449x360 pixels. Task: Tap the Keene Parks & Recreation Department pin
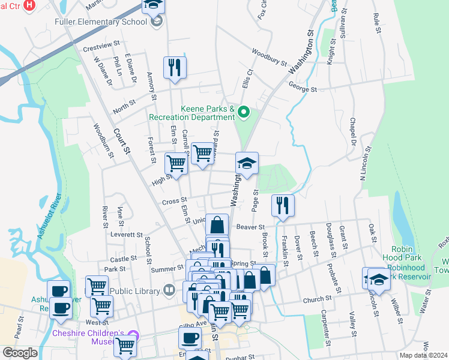point(244,112)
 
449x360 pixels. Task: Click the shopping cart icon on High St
point(176,163)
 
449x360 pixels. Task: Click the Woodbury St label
point(270,57)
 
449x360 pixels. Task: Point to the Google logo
point(20,353)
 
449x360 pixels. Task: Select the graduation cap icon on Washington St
point(247,163)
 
